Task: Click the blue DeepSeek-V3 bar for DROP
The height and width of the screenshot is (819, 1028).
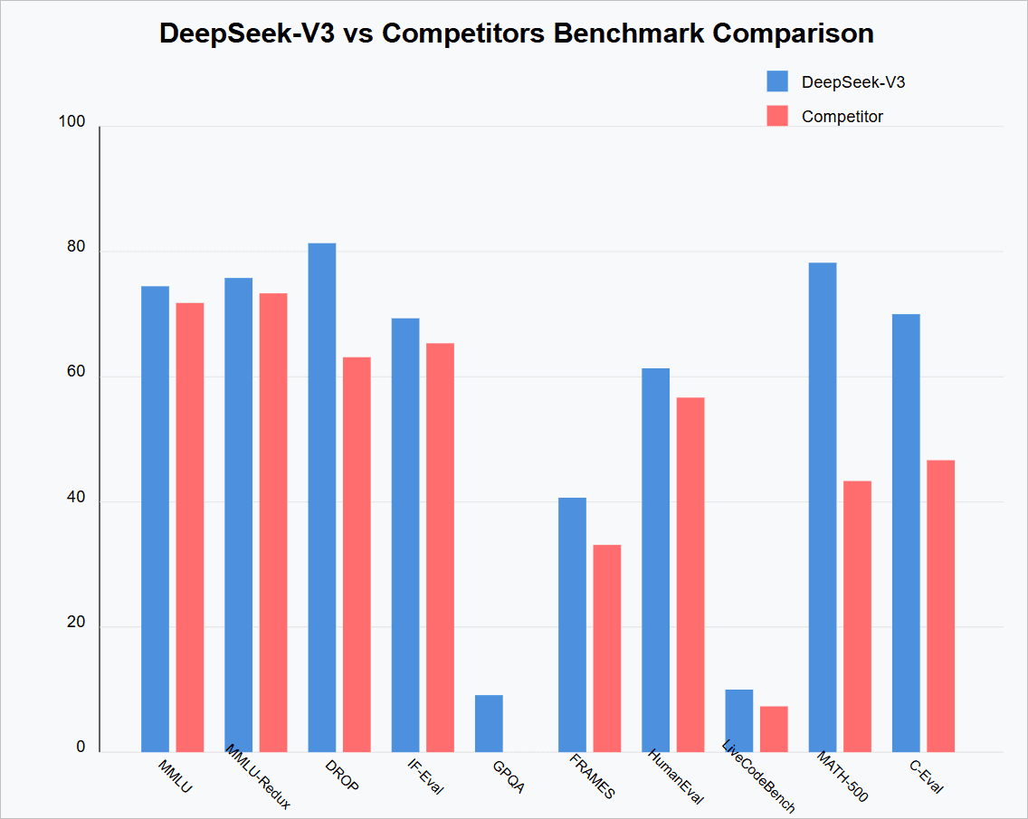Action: pyautogui.click(x=321, y=497)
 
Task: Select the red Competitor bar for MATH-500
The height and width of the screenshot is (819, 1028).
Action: pyautogui.click(x=857, y=615)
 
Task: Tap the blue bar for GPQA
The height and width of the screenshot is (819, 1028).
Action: pyautogui.click(x=489, y=723)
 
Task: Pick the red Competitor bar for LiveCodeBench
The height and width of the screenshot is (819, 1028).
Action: pyautogui.click(x=774, y=729)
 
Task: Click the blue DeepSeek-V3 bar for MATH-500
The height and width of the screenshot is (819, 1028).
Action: pyautogui.click(x=823, y=507)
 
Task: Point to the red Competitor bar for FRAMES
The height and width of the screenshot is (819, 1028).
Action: pyautogui.click(x=607, y=648)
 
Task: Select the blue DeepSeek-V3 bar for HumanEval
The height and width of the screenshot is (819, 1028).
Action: pyautogui.click(x=656, y=559)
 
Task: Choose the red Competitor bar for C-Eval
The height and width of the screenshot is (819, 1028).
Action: pyautogui.click(x=940, y=605)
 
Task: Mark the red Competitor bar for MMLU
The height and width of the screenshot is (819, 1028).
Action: pyautogui.click(x=190, y=527)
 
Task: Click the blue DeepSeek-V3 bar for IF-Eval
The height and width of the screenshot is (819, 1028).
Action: pyautogui.click(x=405, y=534)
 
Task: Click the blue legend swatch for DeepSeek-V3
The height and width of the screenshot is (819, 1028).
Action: pyautogui.click(x=777, y=81)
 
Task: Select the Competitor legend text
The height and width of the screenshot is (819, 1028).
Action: pyautogui.click(x=842, y=117)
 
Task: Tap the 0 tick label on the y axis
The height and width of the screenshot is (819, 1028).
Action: pyautogui.click(x=81, y=748)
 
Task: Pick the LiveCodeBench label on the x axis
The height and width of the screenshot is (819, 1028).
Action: pyautogui.click(x=758, y=776)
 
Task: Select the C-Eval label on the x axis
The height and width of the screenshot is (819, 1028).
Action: pyautogui.click(x=926, y=776)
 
